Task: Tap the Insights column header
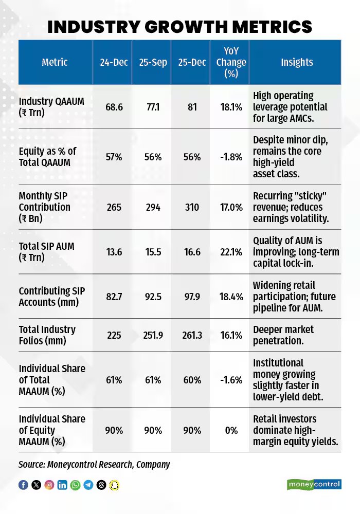[x=296, y=62]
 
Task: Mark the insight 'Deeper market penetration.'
[x=283, y=335]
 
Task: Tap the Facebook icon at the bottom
[x=23, y=485]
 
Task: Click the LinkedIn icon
[x=62, y=485]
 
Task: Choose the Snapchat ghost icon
[x=114, y=485]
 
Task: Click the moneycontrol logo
[x=314, y=484]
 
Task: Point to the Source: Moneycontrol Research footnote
[x=94, y=464]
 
